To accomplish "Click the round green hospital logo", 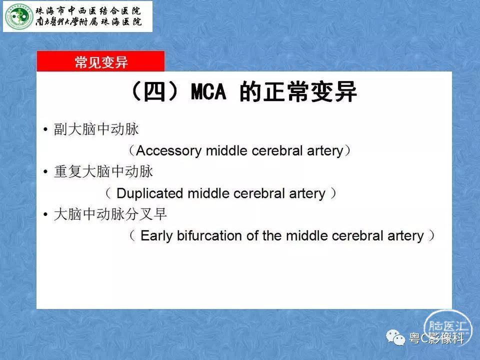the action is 19,16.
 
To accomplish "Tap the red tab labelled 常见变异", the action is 100,61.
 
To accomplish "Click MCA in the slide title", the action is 208,91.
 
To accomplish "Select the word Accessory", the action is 168,151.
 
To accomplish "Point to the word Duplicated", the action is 149,193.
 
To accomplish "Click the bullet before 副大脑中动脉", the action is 45,129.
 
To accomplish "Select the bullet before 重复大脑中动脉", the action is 45,171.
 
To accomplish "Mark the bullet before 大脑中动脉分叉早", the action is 45,214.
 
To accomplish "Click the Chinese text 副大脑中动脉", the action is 96,129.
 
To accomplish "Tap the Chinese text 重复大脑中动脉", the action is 103,171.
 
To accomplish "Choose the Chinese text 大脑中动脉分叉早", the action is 110,214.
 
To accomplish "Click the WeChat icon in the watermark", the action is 395,337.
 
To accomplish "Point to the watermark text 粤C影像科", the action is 436,338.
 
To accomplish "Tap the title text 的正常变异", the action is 298,91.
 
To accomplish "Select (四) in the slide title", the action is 154,91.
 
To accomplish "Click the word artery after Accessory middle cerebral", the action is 325,151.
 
